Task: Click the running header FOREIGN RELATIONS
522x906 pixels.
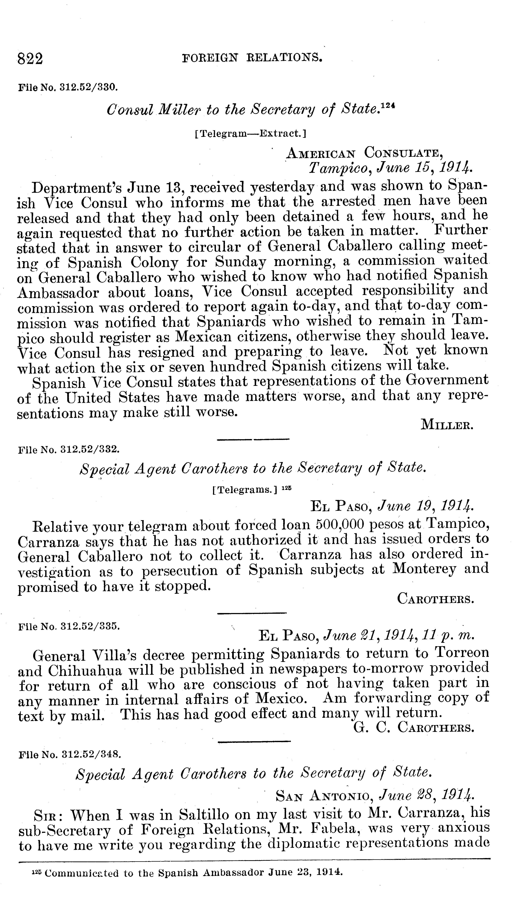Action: click(252, 57)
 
